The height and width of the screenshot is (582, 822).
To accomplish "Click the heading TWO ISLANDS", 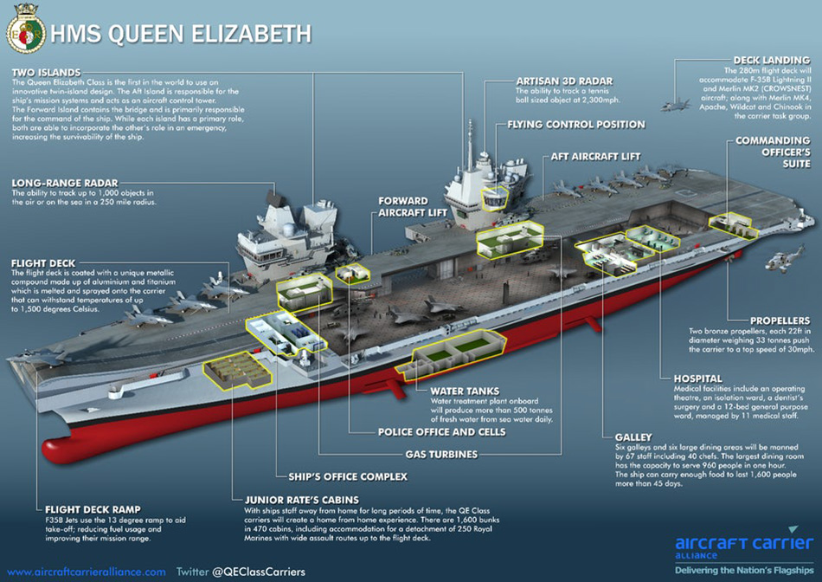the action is tap(46, 73).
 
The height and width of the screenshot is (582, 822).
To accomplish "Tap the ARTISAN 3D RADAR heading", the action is tap(564, 81).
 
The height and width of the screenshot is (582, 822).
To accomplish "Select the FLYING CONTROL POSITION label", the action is tap(576, 125).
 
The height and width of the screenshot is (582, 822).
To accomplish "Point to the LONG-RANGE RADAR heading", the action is tap(65, 183).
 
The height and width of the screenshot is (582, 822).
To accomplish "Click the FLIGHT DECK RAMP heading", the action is tap(93, 509).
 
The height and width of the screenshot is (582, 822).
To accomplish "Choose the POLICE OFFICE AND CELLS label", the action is tap(442, 432).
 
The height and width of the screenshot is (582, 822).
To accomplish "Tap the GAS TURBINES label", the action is tap(441, 455).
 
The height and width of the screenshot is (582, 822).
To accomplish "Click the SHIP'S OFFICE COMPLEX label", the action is tap(348, 477).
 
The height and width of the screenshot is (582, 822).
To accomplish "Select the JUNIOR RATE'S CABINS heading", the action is tap(302, 500).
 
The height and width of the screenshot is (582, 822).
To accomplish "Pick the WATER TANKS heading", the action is tap(465, 391).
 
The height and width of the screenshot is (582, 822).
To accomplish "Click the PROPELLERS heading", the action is tap(780, 320).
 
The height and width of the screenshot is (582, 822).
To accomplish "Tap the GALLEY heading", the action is tap(633, 437).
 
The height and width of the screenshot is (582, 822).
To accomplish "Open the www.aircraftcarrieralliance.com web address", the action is tap(87, 572).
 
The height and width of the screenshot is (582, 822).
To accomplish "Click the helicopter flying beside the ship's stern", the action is tap(785, 259).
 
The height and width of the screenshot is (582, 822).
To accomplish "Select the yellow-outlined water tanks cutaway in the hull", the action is tap(452, 355).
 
